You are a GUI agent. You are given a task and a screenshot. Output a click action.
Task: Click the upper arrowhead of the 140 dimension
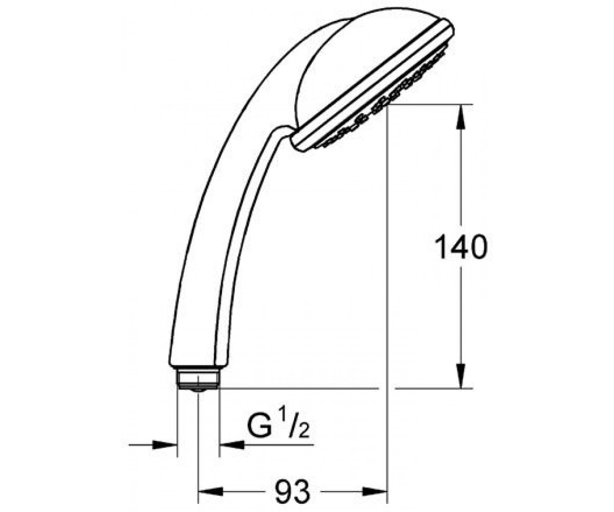point(461,117)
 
